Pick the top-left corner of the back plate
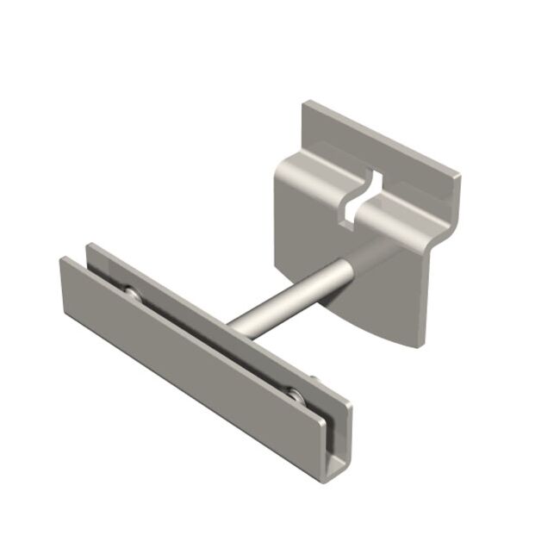tap(306, 104)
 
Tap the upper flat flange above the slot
tap(388, 151)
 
